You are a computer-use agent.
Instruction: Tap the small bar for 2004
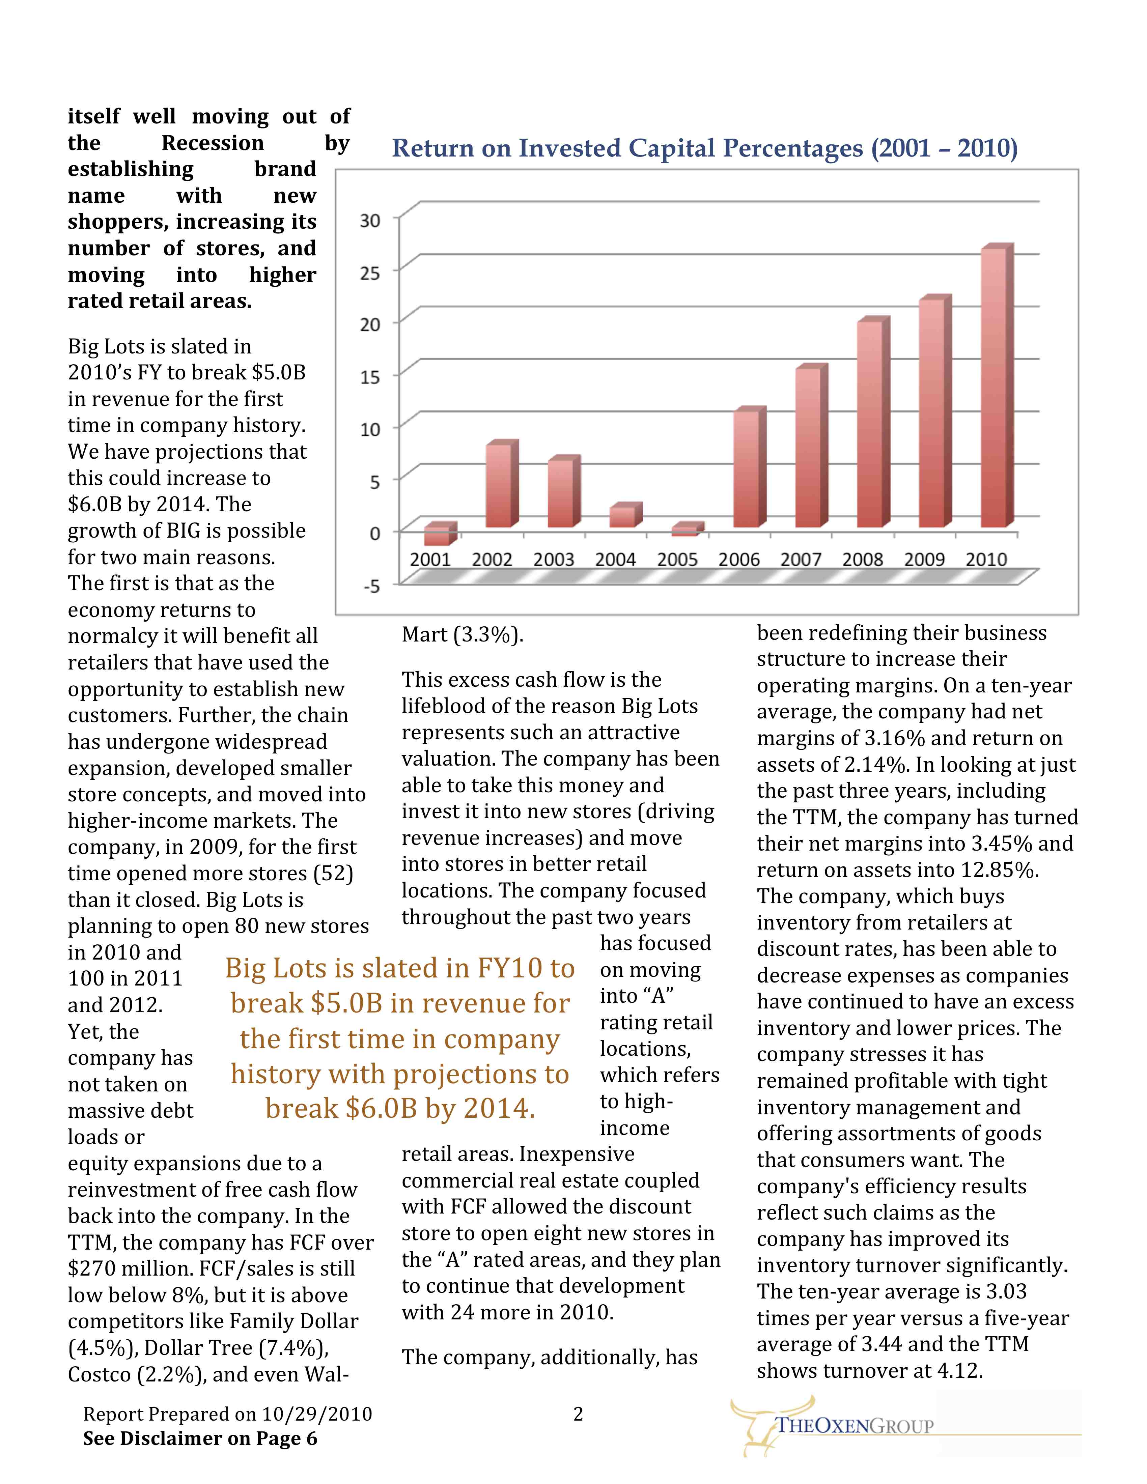[x=624, y=516]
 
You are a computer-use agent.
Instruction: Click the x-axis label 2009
[x=924, y=560]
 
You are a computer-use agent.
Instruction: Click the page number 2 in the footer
[x=578, y=1414]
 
